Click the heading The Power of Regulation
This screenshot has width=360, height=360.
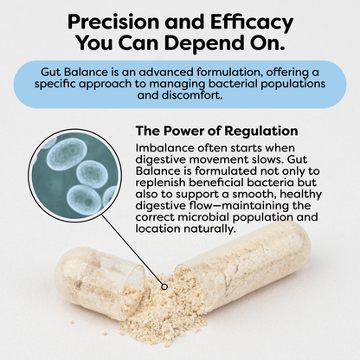point(217,132)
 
